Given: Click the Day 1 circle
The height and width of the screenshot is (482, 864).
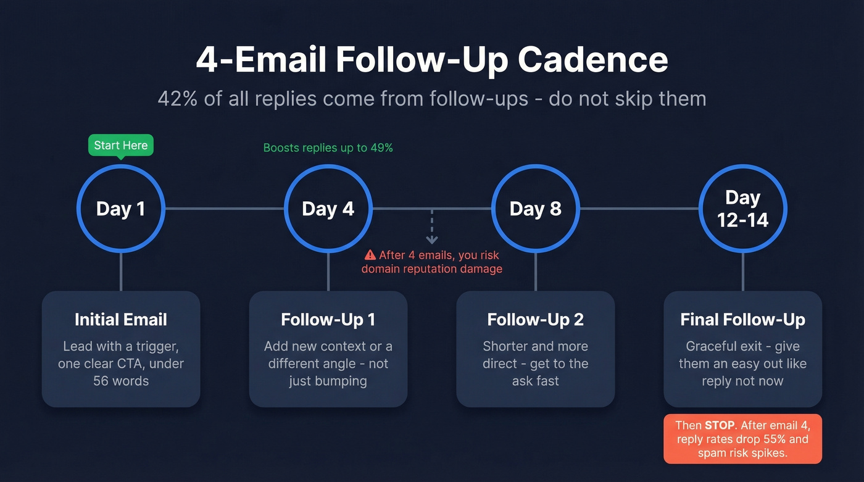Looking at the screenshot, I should (x=121, y=209).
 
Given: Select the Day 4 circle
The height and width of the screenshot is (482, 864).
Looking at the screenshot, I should (x=328, y=209).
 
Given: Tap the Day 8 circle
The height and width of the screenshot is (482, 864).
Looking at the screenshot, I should (x=535, y=209).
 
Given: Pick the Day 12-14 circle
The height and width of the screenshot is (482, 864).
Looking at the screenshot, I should (x=742, y=209).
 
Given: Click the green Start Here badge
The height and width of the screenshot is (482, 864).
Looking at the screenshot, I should (x=121, y=146).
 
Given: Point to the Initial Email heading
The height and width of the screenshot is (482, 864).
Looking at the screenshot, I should (x=121, y=320).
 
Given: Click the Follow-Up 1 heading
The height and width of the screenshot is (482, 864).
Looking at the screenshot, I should (x=328, y=320).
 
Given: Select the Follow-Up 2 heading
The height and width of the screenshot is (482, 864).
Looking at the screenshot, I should (x=535, y=320).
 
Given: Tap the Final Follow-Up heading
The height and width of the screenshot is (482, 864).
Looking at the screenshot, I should (x=742, y=320).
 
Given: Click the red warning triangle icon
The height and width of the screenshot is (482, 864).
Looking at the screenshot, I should (x=370, y=255).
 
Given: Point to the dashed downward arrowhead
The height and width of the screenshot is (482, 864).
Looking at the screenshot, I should (x=432, y=239).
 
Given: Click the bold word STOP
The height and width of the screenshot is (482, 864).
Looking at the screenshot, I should (x=720, y=425).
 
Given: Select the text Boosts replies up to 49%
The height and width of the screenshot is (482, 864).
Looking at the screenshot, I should (x=328, y=148).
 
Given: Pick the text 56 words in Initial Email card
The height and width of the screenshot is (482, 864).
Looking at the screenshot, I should (x=121, y=381).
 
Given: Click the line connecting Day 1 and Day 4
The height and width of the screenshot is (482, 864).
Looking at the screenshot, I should (x=224, y=209).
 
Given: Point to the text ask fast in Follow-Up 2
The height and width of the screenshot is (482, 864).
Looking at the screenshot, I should (x=535, y=381).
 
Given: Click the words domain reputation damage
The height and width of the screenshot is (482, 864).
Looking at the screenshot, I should (x=432, y=269).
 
